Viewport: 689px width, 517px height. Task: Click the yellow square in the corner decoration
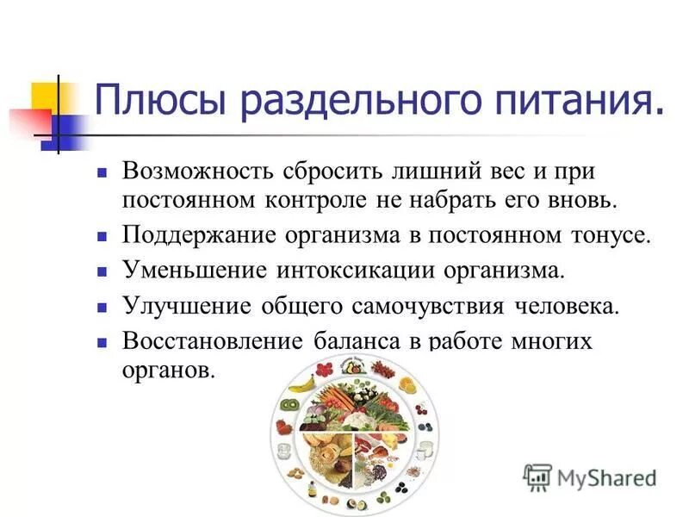pos(46,93)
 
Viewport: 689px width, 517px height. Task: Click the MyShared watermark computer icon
pos(537,477)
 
